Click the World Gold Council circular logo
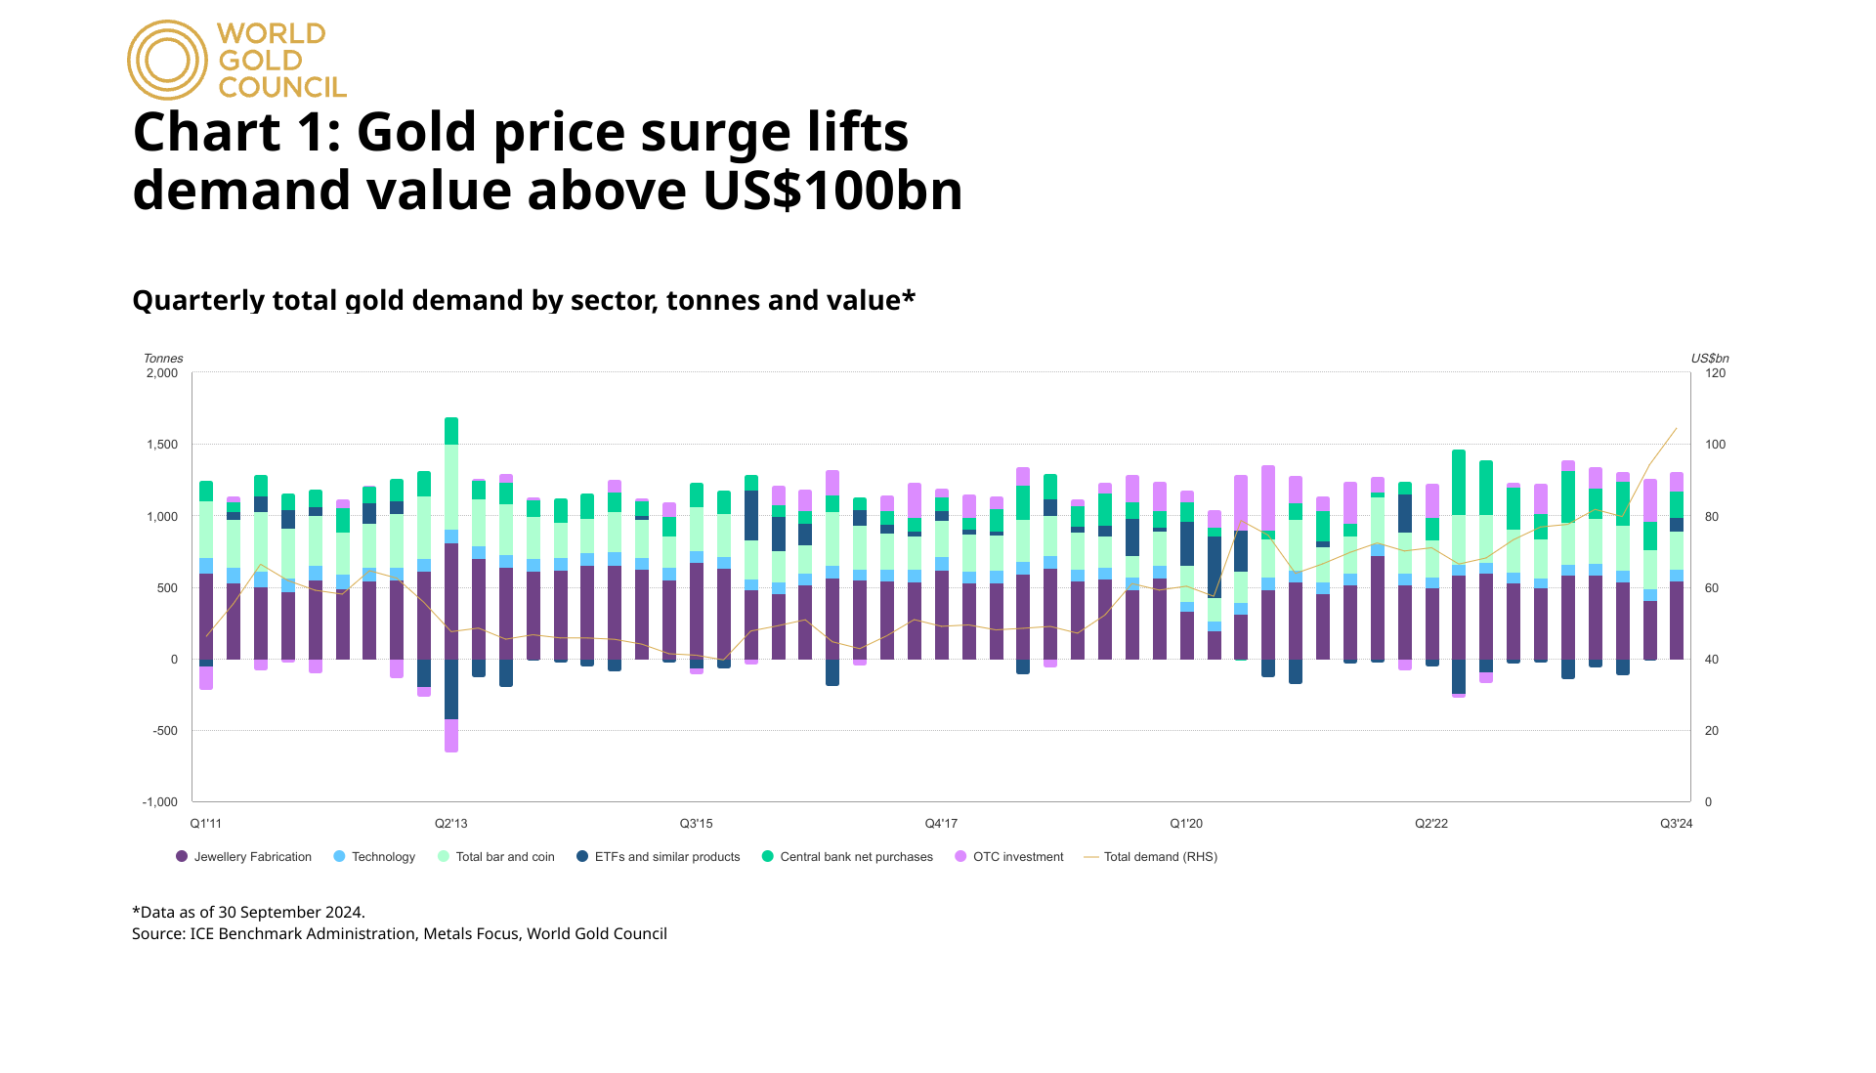click(x=167, y=60)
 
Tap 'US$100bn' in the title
click(x=832, y=191)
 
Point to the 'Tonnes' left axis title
click(x=163, y=359)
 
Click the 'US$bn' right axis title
click(x=1710, y=359)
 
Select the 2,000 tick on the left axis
click(x=162, y=373)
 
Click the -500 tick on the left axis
click(x=165, y=731)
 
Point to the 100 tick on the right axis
click(x=1715, y=445)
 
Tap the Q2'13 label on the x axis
click(x=450, y=824)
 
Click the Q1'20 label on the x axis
click(x=1186, y=824)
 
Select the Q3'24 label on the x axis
click(x=1676, y=824)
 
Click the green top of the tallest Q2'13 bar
click(x=451, y=431)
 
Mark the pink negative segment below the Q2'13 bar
click(x=451, y=736)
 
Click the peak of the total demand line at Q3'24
click(x=1676, y=428)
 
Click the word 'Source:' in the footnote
click(x=158, y=934)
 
